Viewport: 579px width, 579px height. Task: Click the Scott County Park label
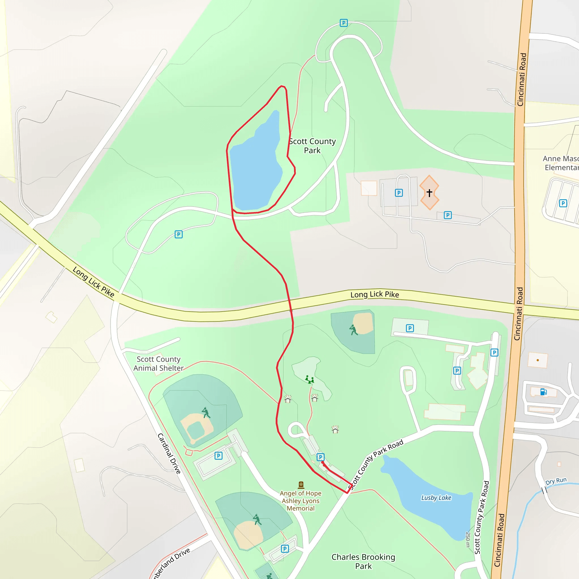point(312,146)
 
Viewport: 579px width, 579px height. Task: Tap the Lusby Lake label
point(436,498)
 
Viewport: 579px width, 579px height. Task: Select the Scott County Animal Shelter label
point(159,364)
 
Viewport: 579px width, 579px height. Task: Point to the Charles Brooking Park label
point(363,561)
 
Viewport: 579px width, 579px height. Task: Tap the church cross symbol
point(429,193)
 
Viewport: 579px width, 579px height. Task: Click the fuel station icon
point(543,392)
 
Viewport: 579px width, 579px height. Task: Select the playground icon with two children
point(309,380)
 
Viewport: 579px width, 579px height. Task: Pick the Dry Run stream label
point(556,481)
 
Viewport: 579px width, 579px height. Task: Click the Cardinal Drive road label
point(169,453)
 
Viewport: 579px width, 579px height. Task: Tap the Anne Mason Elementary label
point(560,163)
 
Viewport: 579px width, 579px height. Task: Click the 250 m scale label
point(468,539)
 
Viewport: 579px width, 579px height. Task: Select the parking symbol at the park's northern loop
point(344,23)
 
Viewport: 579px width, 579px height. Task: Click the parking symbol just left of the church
point(399,193)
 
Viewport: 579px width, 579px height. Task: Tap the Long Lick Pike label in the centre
point(375,295)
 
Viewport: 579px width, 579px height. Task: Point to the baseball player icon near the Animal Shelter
point(206,413)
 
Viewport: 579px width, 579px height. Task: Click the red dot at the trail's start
point(323,463)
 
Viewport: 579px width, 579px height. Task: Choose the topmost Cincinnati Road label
point(522,79)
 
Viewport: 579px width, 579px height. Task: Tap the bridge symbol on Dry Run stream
point(544,490)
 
